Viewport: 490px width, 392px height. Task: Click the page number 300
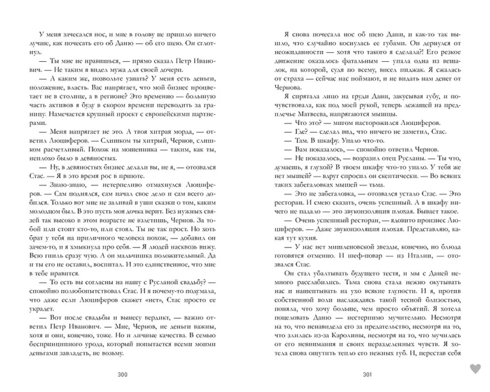pos(122,375)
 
